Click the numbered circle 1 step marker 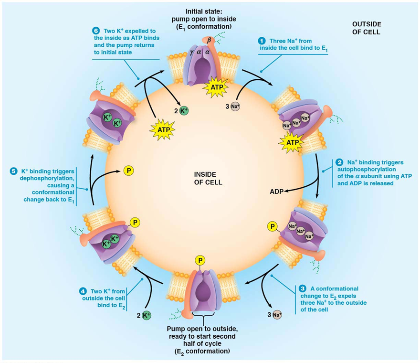click(x=262, y=41)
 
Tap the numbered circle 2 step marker click(x=339, y=162)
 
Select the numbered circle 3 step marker click(x=303, y=288)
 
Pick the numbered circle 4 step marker click(x=83, y=290)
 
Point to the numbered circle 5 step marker click(x=13, y=171)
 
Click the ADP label click(x=277, y=191)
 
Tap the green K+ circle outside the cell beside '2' click(x=147, y=315)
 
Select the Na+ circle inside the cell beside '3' click(x=235, y=106)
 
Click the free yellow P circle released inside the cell click(x=128, y=170)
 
